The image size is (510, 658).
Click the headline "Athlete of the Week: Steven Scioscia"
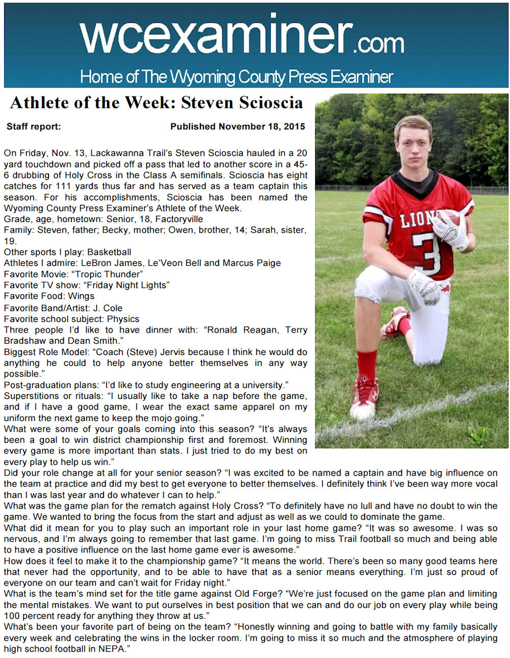(157, 103)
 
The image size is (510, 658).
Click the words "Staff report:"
(34, 126)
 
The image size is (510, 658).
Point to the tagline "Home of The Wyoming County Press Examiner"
(237, 77)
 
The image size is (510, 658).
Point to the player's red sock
(366, 364)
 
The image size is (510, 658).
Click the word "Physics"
(123, 319)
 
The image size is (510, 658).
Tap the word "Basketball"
(109, 252)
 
